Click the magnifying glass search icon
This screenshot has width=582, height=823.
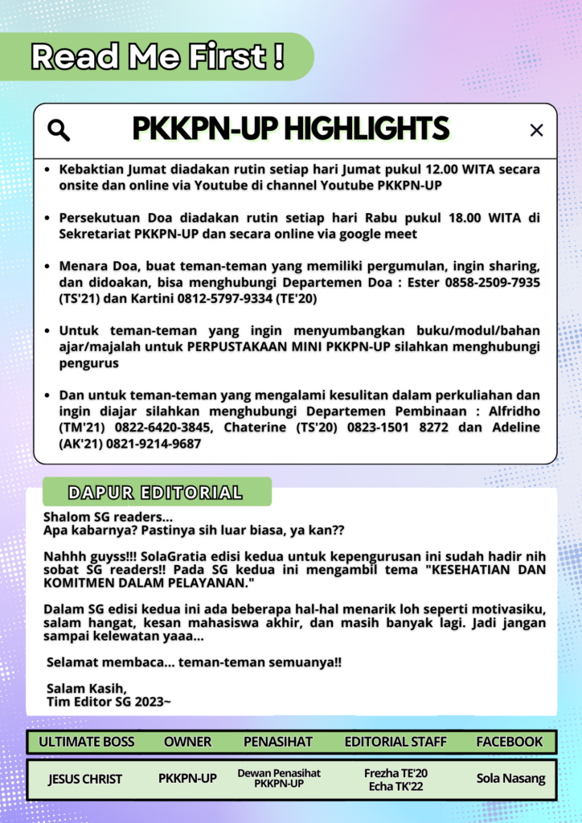[59, 130]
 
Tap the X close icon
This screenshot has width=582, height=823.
[536, 130]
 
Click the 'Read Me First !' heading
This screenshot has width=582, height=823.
[158, 56]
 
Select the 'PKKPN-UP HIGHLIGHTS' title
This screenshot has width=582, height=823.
[290, 129]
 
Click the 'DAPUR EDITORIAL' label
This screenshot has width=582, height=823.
[155, 493]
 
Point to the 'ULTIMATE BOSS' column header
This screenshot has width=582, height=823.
[87, 741]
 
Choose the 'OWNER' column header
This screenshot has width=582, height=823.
[187, 741]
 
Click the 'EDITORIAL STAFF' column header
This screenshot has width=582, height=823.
[396, 741]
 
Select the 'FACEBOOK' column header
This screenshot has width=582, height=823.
[510, 741]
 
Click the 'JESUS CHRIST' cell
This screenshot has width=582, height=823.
[85, 779]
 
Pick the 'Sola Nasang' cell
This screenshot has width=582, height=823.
[510, 778]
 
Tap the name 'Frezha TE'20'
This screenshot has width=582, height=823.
[396, 773]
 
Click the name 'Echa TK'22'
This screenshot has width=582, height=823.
[396, 786]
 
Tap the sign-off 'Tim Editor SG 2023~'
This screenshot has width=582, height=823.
[109, 701]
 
